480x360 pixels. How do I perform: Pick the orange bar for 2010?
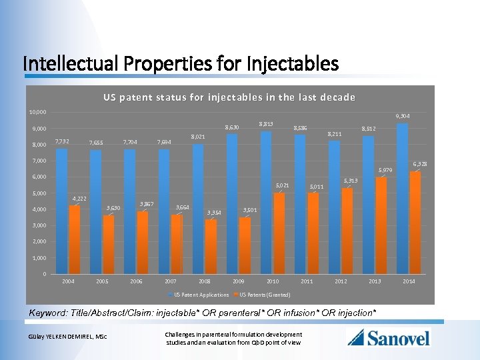pyautogui.click(x=279, y=233)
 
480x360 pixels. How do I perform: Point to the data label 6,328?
pyautogui.click(x=420, y=163)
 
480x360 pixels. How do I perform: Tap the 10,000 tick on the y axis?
pyautogui.click(x=37, y=111)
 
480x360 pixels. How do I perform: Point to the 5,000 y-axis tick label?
pyautogui.click(x=39, y=193)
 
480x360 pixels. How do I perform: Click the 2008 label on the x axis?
pyautogui.click(x=205, y=281)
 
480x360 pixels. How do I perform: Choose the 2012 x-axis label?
pyautogui.click(x=341, y=281)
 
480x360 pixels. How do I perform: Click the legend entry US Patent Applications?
pyautogui.click(x=201, y=295)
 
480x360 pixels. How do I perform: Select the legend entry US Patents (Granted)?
pyautogui.click(x=265, y=295)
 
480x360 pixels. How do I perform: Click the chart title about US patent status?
pyautogui.click(x=229, y=97)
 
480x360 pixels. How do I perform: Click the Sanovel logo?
pyautogui.click(x=389, y=337)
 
